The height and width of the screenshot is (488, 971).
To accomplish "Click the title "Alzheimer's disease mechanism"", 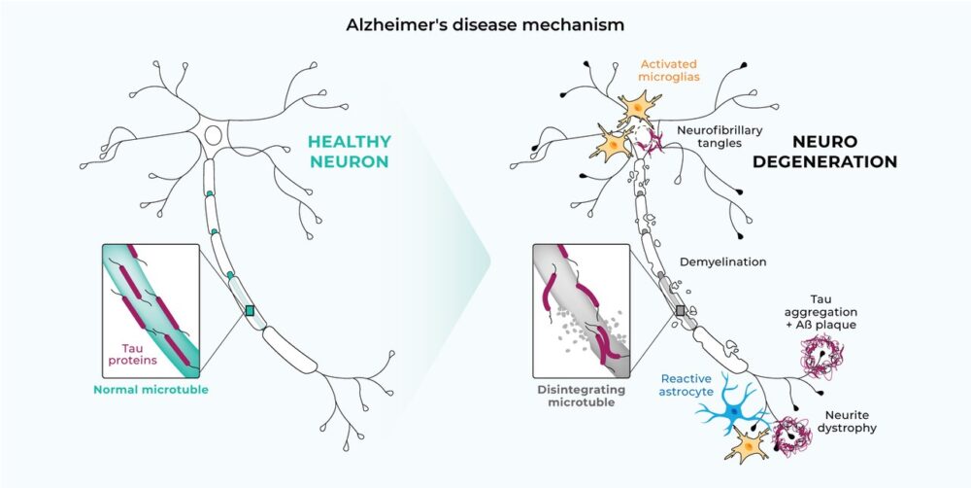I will [x=485, y=23].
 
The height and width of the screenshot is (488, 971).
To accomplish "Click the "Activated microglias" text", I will [x=670, y=70].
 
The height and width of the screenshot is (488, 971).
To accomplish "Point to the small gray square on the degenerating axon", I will [x=681, y=310].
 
